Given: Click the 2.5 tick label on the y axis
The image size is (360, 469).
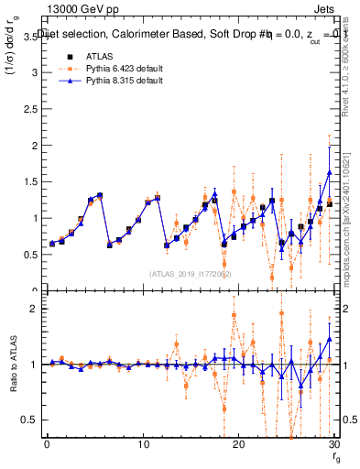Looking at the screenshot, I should point(30,109).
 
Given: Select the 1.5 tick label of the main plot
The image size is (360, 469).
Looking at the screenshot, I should point(30,181).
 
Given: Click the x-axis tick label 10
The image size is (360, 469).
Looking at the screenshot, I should point(143,443).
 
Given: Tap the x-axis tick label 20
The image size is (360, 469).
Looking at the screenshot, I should point(238,443).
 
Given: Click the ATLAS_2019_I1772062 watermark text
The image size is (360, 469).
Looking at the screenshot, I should point(190,273).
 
